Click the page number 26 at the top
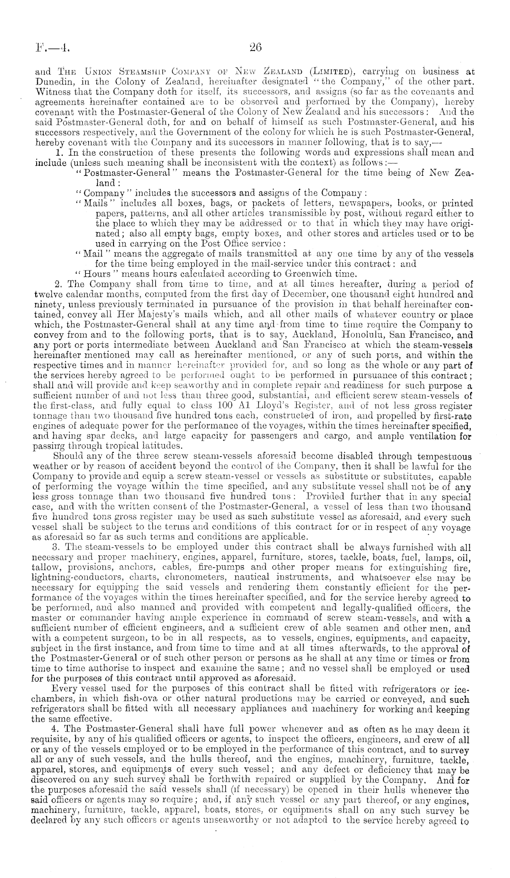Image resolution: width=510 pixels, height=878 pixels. pyautogui.click(x=255, y=46)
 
